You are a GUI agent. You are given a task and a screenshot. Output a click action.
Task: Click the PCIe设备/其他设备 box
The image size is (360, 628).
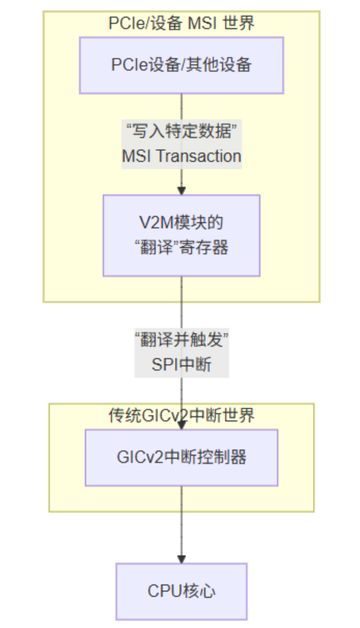click(181, 65)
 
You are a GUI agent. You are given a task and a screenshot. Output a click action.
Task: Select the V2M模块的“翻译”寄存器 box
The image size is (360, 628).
click(181, 235)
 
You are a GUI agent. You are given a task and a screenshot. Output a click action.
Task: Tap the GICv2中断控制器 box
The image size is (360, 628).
click(181, 457)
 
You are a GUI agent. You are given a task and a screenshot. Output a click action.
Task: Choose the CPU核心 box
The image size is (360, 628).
click(181, 591)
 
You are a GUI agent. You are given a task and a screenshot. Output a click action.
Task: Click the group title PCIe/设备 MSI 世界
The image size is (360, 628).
click(181, 23)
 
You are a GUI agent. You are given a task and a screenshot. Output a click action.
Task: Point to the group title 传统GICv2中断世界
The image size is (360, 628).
click(181, 415)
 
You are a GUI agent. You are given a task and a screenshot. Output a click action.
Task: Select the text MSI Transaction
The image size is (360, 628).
click(182, 156)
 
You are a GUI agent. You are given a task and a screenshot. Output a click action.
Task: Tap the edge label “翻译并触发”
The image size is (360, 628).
click(182, 341)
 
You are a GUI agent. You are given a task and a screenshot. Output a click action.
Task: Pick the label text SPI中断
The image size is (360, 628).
click(182, 364)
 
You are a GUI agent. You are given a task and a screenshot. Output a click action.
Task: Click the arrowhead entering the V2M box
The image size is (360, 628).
click(181, 190)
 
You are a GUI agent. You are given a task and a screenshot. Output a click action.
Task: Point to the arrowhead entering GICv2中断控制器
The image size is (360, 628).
click(181, 425)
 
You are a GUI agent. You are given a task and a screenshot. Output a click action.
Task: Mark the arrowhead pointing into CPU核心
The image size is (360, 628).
click(181, 559)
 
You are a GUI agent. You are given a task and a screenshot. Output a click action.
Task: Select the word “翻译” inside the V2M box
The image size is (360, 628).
click(157, 247)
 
